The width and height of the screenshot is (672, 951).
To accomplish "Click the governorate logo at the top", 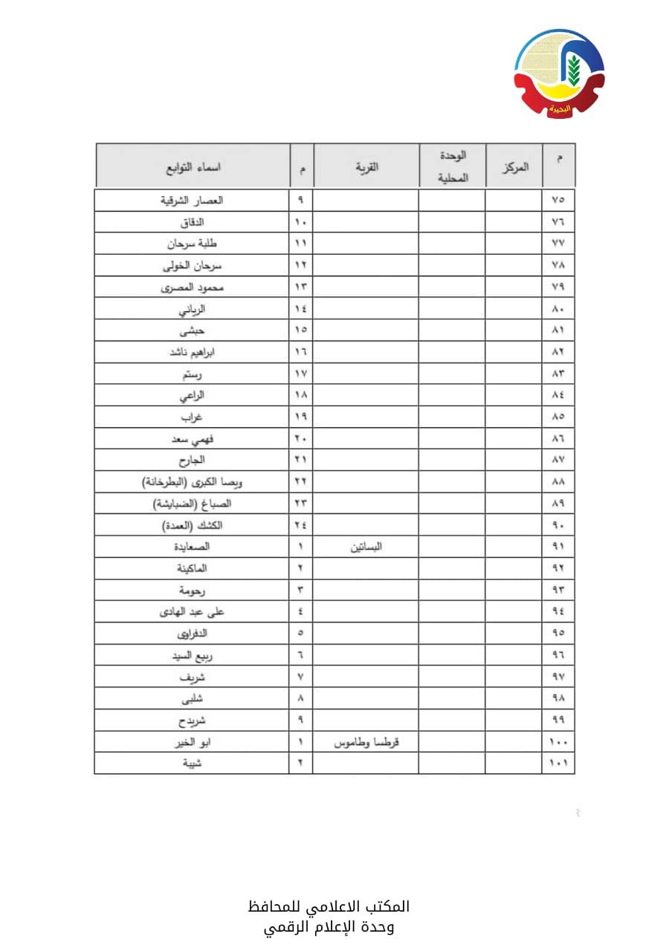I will (559, 73).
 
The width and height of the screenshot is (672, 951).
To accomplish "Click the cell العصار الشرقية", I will (193, 200).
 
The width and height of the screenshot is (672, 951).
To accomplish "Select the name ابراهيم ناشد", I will (193, 351).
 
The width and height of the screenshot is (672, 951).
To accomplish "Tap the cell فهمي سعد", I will (193, 438).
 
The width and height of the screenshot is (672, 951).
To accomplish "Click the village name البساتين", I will (366, 547).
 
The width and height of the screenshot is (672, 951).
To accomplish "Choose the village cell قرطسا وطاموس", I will (366, 741).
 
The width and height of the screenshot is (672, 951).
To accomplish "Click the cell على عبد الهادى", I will (193, 611).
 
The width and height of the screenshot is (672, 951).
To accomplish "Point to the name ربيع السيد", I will (193, 655).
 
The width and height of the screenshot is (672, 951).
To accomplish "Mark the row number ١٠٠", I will (558, 741).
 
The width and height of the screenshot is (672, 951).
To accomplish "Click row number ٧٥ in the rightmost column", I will (558, 200).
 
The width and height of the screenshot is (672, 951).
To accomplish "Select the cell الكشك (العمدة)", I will (193, 525).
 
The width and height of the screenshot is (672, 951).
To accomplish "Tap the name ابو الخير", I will (193, 741).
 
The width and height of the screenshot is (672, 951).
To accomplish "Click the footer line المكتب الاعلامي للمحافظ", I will (329, 906).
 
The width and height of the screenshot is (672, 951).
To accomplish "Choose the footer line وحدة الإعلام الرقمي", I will (329, 927).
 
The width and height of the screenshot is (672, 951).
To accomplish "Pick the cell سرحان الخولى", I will (193, 265).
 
